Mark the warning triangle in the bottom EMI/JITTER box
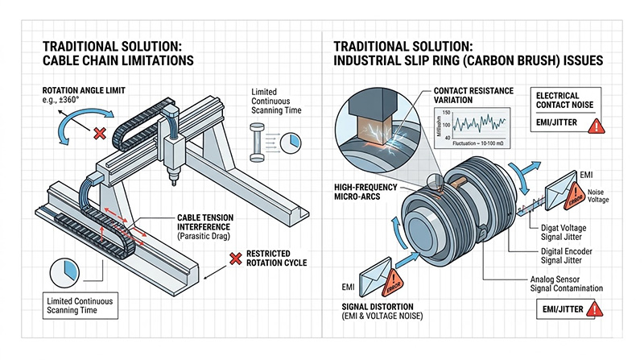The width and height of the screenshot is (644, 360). tap(596, 309)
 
